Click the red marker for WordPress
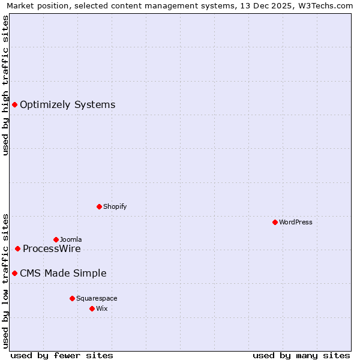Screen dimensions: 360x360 click(x=275, y=222)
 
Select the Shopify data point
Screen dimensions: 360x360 click(x=99, y=206)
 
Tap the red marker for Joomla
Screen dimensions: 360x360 click(x=56, y=239)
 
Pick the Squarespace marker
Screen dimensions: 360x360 click(x=72, y=298)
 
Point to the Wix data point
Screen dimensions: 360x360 click(x=92, y=308)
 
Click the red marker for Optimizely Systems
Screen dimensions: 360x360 click(x=14, y=105)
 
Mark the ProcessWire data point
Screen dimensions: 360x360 click(x=17, y=248)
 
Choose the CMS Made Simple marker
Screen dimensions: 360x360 click(x=14, y=274)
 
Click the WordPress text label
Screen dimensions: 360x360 click(x=296, y=222)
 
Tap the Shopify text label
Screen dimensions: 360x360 click(x=115, y=206)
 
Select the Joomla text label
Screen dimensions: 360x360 click(x=71, y=239)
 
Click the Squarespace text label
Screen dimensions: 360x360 click(x=97, y=298)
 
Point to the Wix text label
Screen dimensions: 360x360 click(x=102, y=308)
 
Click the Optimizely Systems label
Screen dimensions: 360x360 click(x=67, y=105)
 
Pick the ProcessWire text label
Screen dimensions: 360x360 click(x=52, y=249)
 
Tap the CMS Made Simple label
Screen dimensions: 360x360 click(x=63, y=274)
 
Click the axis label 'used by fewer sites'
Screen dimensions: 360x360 click(x=62, y=355)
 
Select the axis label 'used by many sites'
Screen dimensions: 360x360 click(x=301, y=355)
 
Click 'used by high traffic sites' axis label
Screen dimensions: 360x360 click(x=5, y=85)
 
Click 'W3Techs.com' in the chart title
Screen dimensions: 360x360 click(x=329, y=5)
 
